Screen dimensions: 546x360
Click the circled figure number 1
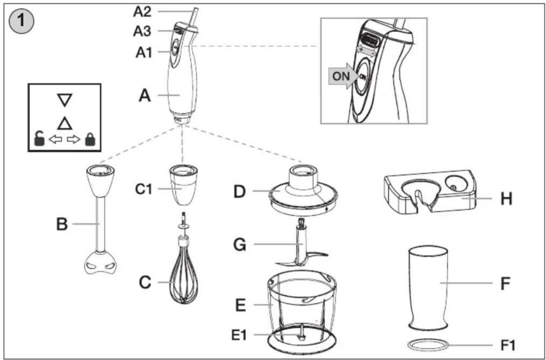tap(21, 21)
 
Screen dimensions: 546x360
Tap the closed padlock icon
tap(90, 139)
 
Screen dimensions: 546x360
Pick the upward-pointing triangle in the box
tap(65, 123)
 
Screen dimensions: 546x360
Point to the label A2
tap(142, 11)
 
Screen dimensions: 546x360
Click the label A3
tap(142, 31)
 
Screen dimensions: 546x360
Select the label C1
tap(144, 189)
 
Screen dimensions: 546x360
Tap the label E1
tap(239, 335)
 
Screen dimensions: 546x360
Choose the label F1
tap(508, 345)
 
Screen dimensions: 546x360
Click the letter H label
tap(506, 199)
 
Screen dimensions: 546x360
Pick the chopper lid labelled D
tap(303, 190)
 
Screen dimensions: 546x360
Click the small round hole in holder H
tap(456, 184)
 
